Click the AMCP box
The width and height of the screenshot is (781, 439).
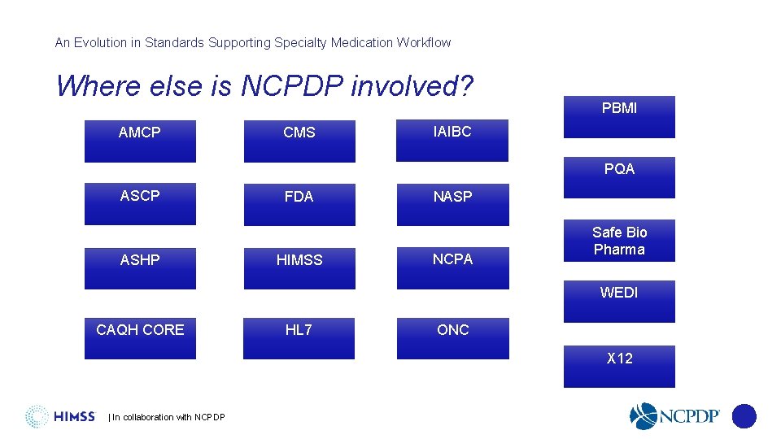point(140,141)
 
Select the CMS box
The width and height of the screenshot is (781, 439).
point(299,141)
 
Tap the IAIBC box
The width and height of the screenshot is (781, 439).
point(452,140)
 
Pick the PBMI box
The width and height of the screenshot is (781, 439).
point(619,117)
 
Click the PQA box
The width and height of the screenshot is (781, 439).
point(619,177)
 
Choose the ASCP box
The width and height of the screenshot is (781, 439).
point(140,204)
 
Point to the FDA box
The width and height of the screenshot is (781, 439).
point(299,204)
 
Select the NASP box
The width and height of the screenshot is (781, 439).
point(452,204)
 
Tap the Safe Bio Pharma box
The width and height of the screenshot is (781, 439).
point(619,241)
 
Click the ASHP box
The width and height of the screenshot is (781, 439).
point(140,267)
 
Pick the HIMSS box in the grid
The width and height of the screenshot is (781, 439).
point(299,267)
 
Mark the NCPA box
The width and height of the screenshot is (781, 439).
point(452,267)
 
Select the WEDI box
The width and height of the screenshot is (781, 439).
point(619,301)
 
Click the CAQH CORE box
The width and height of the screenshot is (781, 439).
point(140,337)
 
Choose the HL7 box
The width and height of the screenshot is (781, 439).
point(299,337)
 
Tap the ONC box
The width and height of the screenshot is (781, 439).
point(452,337)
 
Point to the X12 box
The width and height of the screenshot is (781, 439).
point(619,366)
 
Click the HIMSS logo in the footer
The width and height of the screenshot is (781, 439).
point(60,416)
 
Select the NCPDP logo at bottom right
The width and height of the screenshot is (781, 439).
point(674,416)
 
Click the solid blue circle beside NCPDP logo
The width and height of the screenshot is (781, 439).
point(744,416)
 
